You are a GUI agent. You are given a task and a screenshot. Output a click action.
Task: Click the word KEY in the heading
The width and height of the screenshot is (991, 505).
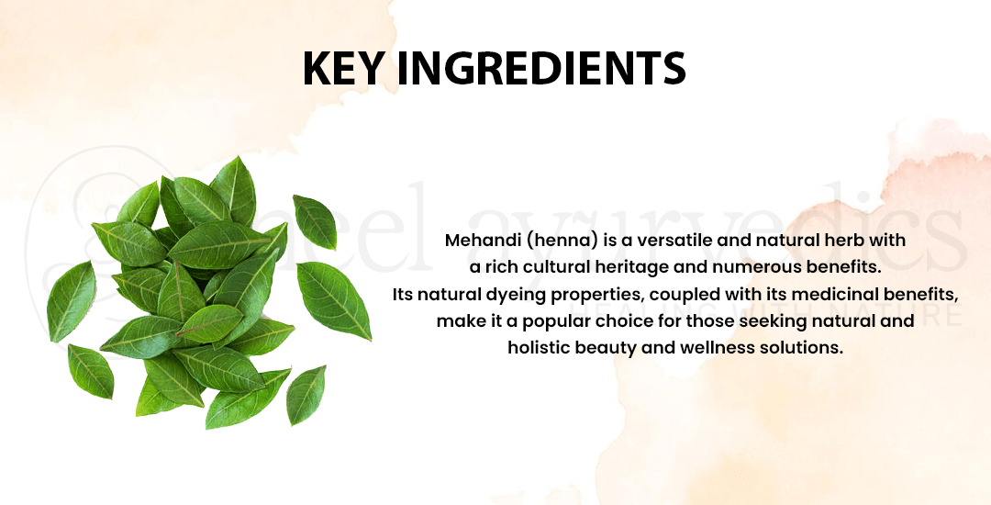pos(342,68)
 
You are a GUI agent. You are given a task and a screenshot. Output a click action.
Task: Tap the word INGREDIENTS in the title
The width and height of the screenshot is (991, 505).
pos(541,68)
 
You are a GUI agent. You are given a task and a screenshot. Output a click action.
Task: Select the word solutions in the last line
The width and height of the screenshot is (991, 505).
pos(815,348)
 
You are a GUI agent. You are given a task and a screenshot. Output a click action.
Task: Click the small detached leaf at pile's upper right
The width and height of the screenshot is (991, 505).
pos(315,221)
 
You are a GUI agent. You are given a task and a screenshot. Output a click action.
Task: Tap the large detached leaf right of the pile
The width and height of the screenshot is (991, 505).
pos(333,299)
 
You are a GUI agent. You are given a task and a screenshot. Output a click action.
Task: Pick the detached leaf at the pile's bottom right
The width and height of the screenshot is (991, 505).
pos(306,395)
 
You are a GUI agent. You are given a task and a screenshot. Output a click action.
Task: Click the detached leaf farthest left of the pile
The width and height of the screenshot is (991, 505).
pos(71,301)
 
